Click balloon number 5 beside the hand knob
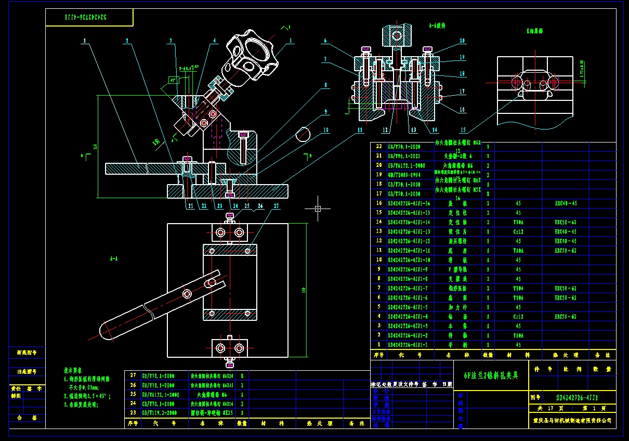click(x=291, y=40)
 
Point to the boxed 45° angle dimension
click(x=174, y=80)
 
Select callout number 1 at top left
click(x=84, y=41)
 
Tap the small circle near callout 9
click(x=303, y=134)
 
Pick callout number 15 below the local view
click(x=462, y=131)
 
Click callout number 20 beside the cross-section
click(x=462, y=41)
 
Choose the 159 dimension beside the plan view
click(x=303, y=290)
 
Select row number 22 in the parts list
click(x=379, y=147)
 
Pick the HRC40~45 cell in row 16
click(x=566, y=203)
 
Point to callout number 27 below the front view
click(x=276, y=206)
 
